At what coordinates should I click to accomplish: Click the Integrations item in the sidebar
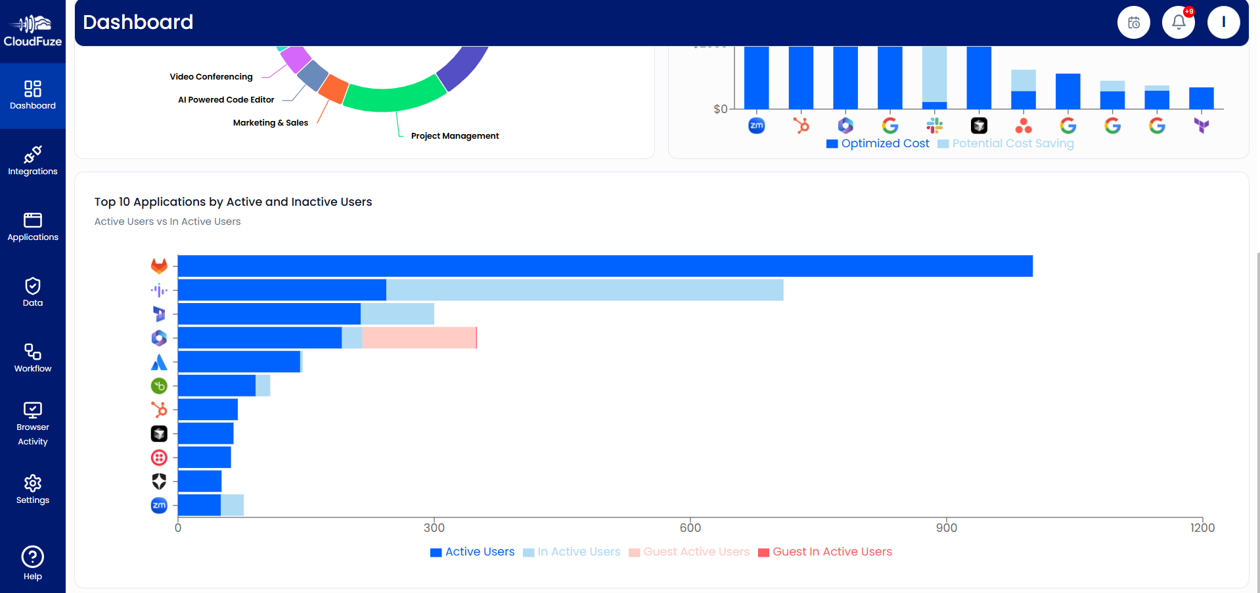tap(33, 161)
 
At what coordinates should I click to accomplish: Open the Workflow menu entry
tap(33, 358)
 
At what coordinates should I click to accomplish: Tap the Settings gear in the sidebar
tap(33, 490)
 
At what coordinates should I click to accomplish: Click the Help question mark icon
tap(33, 563)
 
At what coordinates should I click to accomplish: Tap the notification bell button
tap(1178, 22)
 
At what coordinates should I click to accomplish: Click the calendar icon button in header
tap(1133, 22)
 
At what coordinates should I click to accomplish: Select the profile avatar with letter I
tap(1223, 22)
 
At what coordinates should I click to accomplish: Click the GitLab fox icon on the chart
tap(159, 266)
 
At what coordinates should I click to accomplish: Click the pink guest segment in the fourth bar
tap(418, 338)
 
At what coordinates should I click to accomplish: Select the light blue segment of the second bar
tap(585, 290)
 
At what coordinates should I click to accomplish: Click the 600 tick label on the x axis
tap(690, 527)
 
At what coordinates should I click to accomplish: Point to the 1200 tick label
tap(1202, 527)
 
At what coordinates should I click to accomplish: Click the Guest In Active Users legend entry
tap(825, 552)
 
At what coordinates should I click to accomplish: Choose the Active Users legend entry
tap(472, 552)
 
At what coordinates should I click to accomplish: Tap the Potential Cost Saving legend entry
tap(1006, 143)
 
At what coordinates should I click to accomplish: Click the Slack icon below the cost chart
tap(934, 125)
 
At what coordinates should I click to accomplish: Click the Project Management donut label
tap(455, 136)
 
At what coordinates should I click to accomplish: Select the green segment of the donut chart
tap(394, 96)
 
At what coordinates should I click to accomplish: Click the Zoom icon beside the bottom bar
tap(159, 505)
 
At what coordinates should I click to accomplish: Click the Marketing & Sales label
tap(270, 123)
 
